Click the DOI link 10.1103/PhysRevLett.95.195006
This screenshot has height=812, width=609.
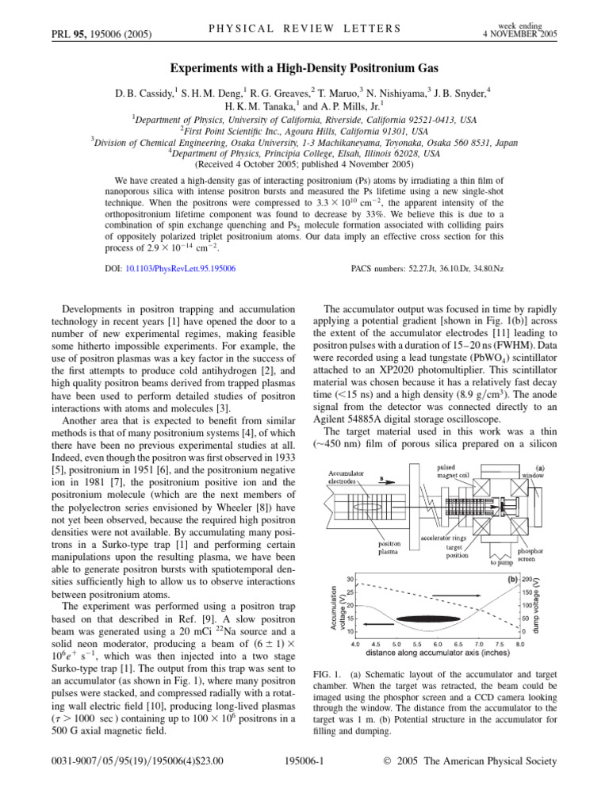(x=180, y=269)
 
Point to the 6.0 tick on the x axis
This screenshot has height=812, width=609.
(x=438, y=645)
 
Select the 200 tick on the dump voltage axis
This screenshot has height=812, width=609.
(x=526, y=580)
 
